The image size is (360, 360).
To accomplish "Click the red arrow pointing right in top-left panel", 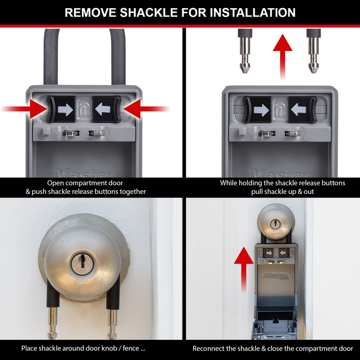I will click(x=23, y=109).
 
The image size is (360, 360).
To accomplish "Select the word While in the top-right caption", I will click(x=230, y=183).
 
